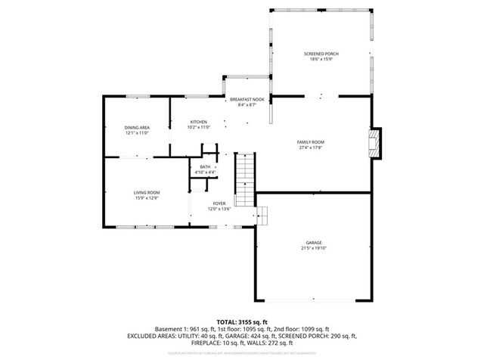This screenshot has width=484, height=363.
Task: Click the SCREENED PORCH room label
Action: (321, 54)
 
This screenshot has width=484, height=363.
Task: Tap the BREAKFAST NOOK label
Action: (247, 100)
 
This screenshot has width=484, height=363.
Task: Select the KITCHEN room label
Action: (198, 122)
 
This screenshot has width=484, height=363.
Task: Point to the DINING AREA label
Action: (137, 127)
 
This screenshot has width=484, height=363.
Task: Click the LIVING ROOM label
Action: (147, 193)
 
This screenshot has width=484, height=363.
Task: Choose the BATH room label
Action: (205, 167)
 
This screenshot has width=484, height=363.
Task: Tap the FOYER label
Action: (219, 203)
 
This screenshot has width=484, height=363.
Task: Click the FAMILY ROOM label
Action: (310, 142)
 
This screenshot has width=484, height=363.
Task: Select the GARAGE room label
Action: (313, 243)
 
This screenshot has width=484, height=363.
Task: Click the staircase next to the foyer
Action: (246, 179)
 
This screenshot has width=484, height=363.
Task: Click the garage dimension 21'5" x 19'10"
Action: (313, 248)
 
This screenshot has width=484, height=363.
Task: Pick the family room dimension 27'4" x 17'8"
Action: (310, 147)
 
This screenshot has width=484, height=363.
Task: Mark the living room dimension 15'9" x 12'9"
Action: (147, 198)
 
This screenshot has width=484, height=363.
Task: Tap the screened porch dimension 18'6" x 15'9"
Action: (321, 60)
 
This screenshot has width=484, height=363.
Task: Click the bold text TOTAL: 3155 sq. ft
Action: (242, 322)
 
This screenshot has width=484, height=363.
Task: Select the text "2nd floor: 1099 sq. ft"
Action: (300, 329)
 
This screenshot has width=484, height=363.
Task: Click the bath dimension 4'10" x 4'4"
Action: (205, 172)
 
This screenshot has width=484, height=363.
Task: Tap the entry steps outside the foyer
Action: (263, 214)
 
